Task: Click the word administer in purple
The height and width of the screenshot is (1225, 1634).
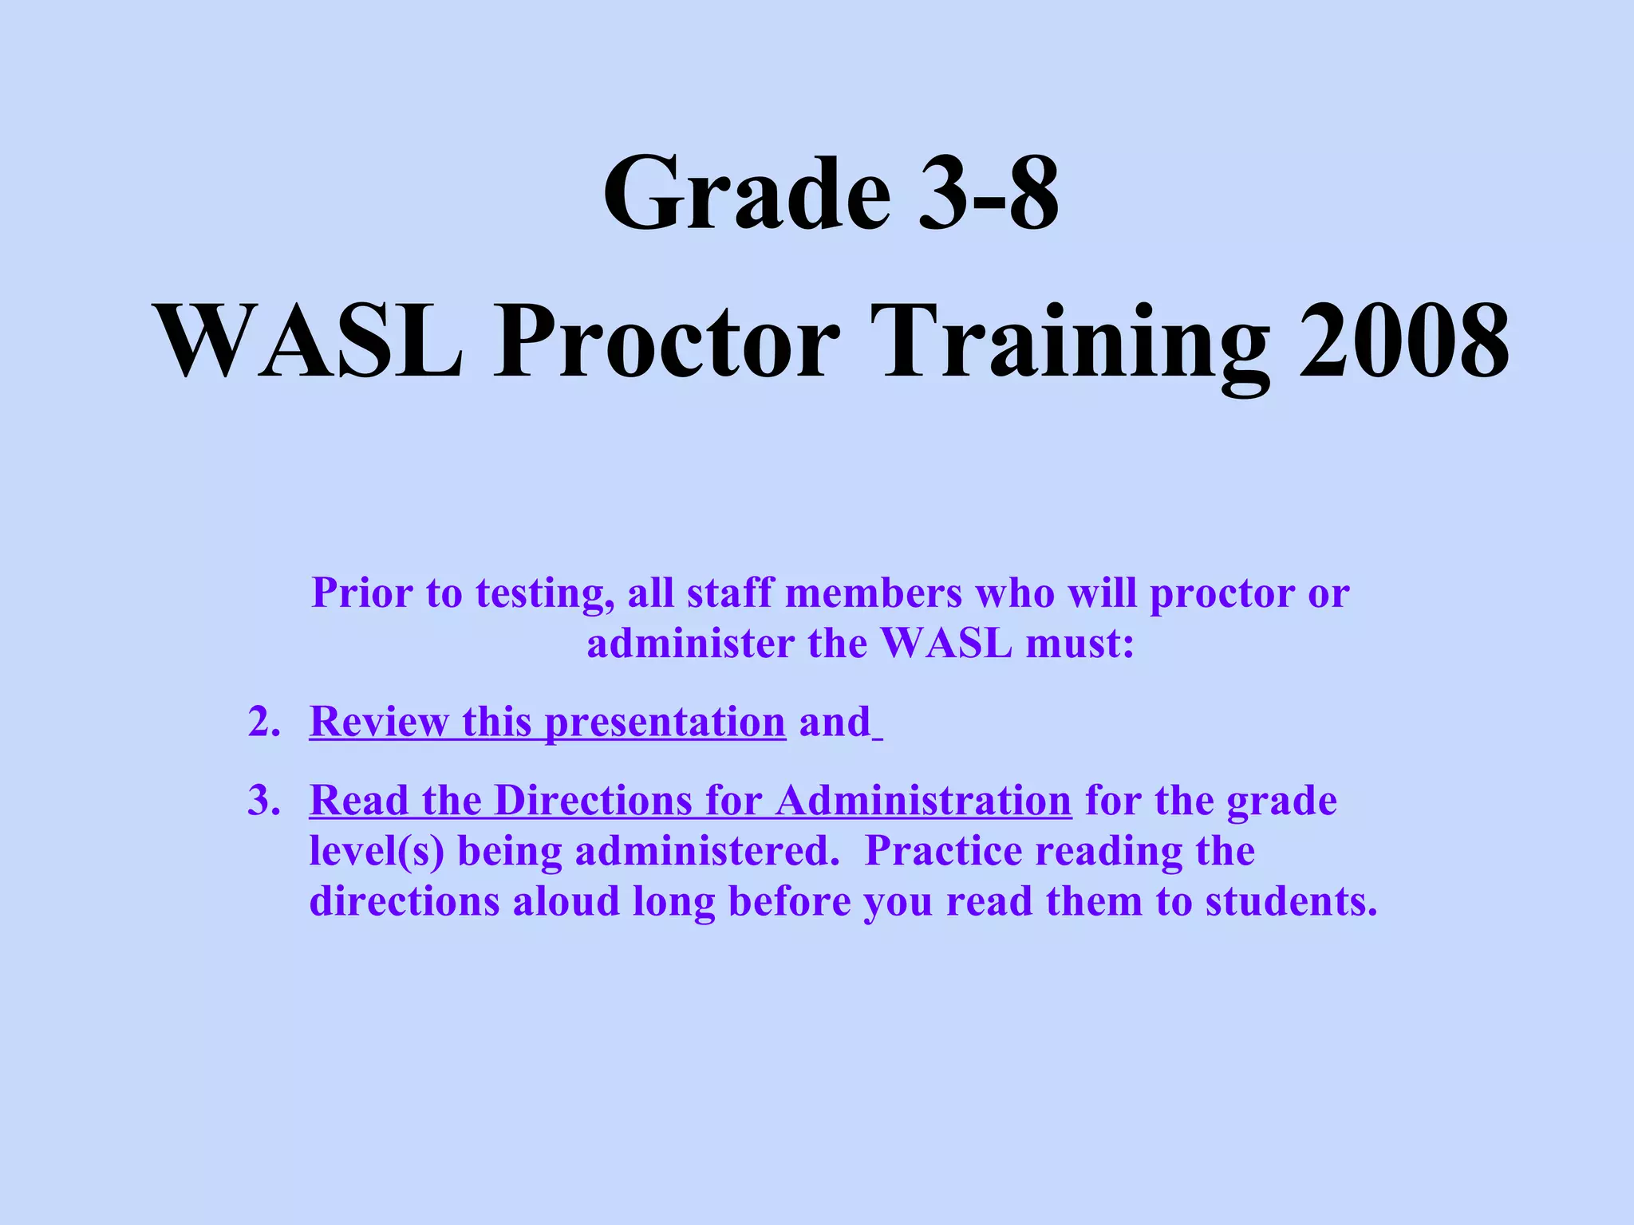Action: pyautogui.click(x=690, y=644)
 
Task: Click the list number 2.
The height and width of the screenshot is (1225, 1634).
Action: pyautogui.click(x=263, y=723)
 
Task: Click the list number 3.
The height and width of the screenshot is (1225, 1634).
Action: pyautogui.click(x=263, y=801)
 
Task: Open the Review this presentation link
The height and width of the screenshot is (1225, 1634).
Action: pyautogui.click(x=547, y=723)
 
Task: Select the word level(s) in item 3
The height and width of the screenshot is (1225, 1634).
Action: pyautogui.click(x=376, y=852)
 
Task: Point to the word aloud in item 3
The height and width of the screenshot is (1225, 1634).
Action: pyautogui.click(x=566, y=902)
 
